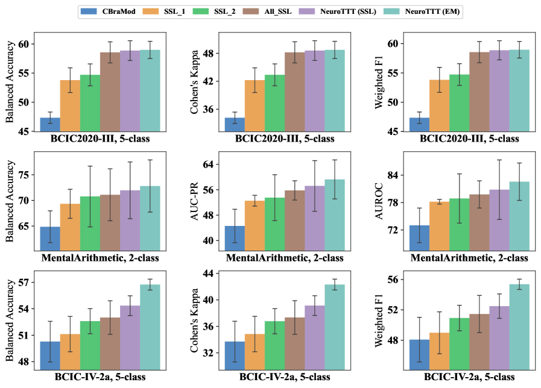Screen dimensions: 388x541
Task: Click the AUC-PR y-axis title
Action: click(x=195, y=202)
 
